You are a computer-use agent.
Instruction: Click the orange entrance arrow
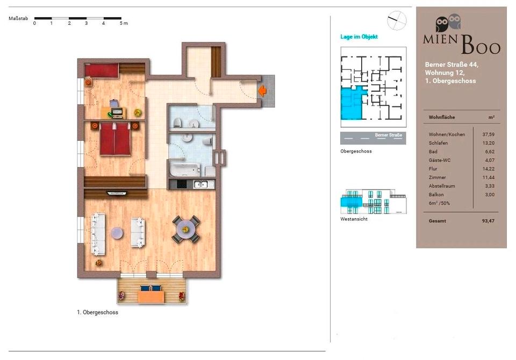[x=262, y=91]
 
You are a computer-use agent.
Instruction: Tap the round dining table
[x=186, y=229]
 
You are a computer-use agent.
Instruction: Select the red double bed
[x=115, y=139]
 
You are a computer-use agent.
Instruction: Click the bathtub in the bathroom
[x=184, y=169]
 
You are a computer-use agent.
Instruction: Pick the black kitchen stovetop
[x=182, y=184]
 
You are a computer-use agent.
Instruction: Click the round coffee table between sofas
[x=117, y=233]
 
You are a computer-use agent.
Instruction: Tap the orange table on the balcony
[x=151, y=297]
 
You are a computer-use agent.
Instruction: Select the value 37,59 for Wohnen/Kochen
[x=489, y=134]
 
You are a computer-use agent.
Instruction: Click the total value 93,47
[x=488, y=221]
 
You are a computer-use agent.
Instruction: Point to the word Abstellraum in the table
[x=442, y=186]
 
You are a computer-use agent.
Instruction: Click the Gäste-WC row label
[x=440, y=160]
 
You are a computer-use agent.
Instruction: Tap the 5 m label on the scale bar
[x=124, y=23]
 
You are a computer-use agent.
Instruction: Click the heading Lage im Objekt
[x=359, y=37]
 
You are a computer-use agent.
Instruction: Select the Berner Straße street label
[x=388, y=135]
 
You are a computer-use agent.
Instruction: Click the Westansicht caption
[x=354, y=219]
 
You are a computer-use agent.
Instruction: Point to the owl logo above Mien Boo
[x=448, y=23]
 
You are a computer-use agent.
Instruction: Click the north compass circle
[x=397, y=20]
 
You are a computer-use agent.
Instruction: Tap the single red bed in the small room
[x=102, y=70]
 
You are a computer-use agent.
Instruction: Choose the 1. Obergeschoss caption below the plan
[x=97, y=312]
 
